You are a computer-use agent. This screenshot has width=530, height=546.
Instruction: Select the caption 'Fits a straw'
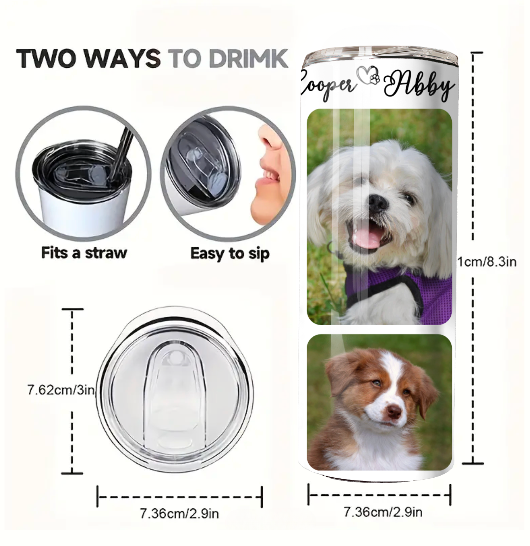tap(84, 253)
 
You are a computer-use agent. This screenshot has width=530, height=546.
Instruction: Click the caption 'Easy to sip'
tap(230, 254)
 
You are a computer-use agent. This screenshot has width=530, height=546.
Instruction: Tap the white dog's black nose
tap(378, 202)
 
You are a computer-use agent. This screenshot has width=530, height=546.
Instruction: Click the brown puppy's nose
tap(394, 410)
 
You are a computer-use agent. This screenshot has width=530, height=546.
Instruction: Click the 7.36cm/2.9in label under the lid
tap(179, 513)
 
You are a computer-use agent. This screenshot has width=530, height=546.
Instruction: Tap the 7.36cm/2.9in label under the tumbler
tap(383, 512)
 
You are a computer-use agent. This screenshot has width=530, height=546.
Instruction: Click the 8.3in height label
tap(487, 262)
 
